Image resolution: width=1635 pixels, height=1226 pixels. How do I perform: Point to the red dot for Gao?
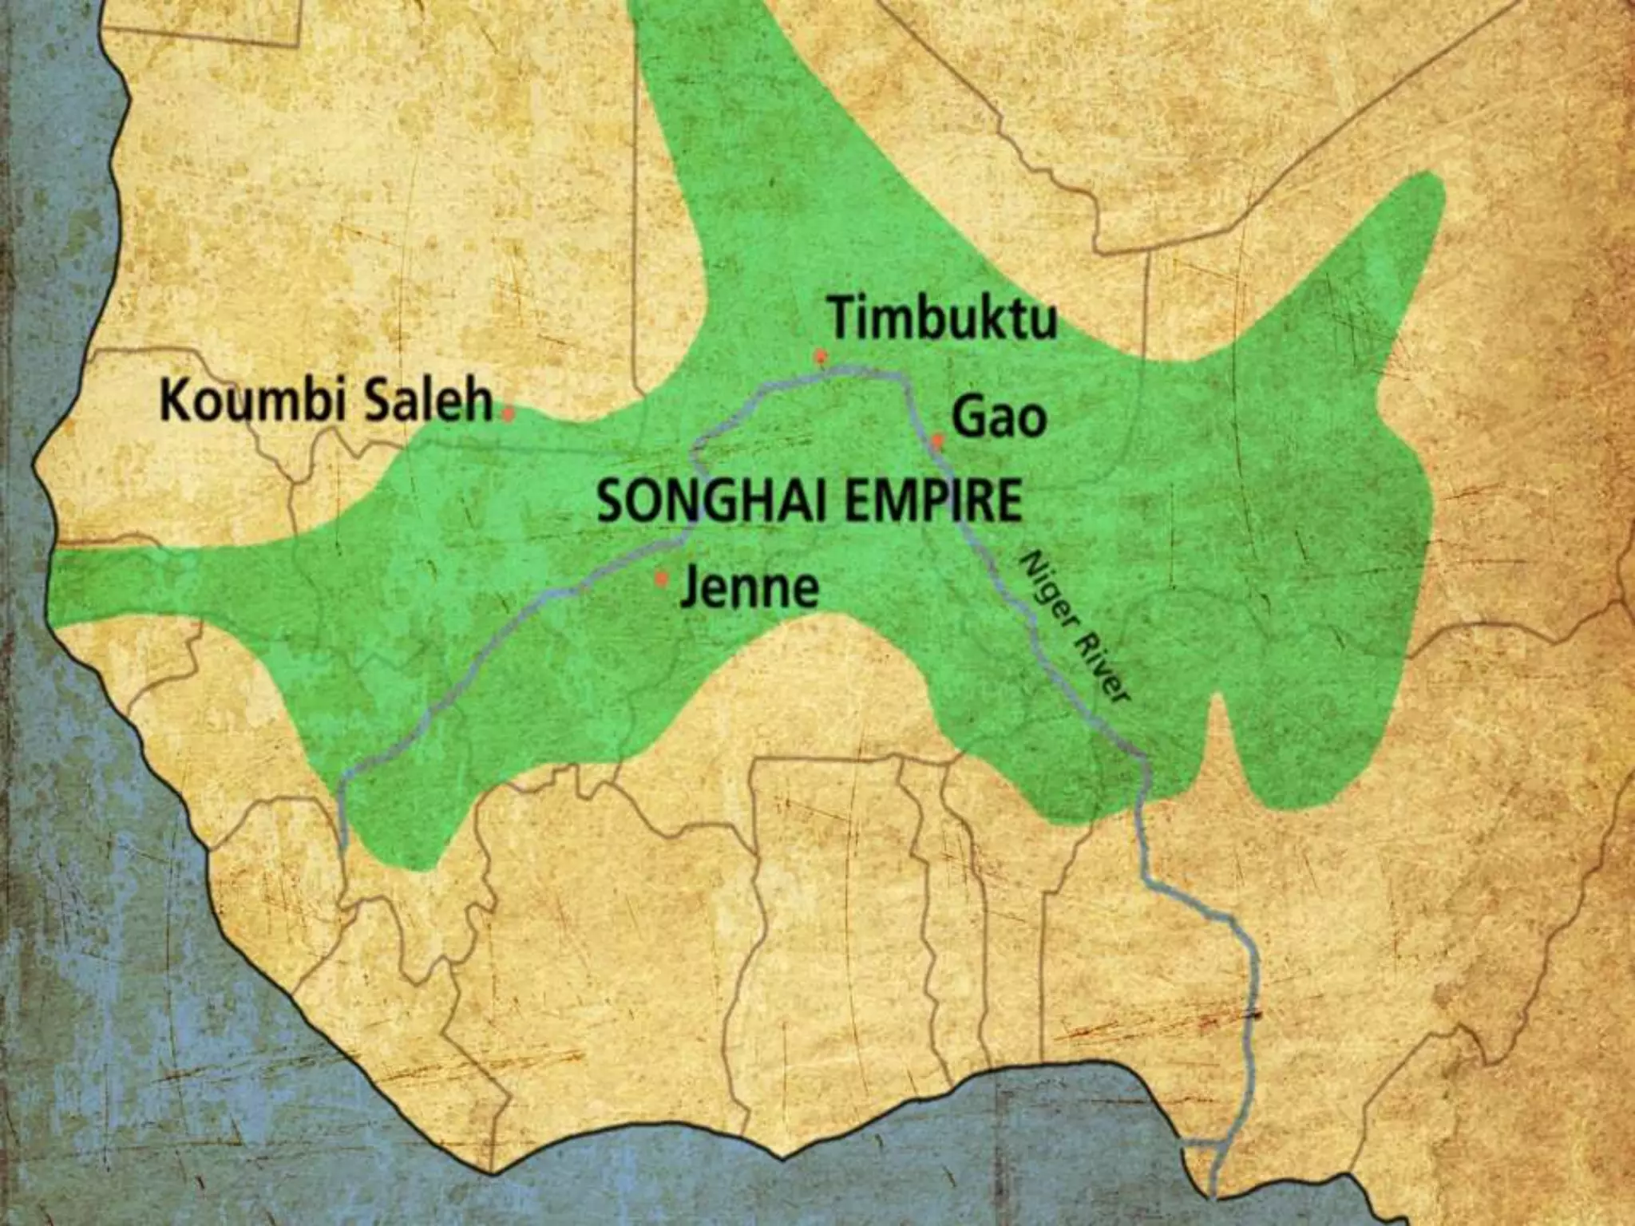tap(938, 439)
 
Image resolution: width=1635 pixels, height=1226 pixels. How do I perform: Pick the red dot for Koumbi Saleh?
tap(508, 413)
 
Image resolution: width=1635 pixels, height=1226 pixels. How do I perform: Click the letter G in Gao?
tap(969, 418)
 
